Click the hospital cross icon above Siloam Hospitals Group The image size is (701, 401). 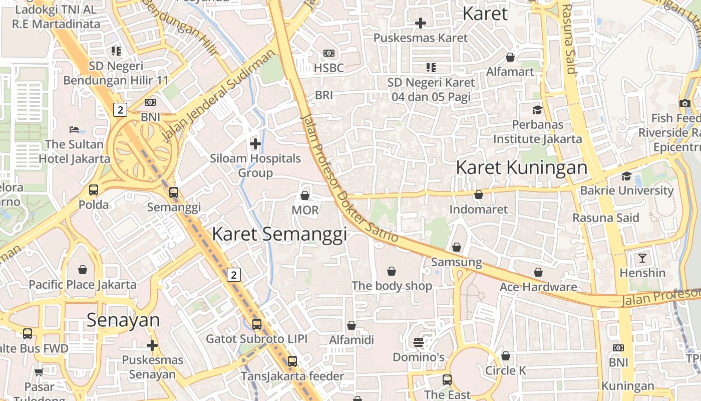pyautogui.click(x=255, y=144)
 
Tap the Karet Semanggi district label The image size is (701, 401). pyautogui.click(x=279, y=234)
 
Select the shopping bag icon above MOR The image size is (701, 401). pyautogui.click(x=305, y=195)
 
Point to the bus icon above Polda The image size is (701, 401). pyautogui.click(x=94, y=190)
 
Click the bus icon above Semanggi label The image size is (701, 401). pyautogui.click(x=174, y=192)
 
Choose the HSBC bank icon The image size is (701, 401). pyautogui.click(x=329, y=53)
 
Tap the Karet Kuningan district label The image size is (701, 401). pyautogui.click(x=521, y=168)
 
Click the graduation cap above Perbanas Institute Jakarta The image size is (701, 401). pyautogui.click(x=537, y=110)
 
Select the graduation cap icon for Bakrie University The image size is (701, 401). pyautogui.click(x=626, y=176)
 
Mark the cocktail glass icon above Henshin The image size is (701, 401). pyautogui.click(x=642, y=258)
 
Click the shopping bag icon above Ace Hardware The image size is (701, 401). pyautogui.click(x=538, y=272)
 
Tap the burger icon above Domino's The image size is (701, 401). pyautogui.click(x=419, y=342)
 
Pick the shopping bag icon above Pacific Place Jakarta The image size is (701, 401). pyautogui.click(x=83, y=270)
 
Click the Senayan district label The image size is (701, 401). pyautogui.click(x=123, y=320)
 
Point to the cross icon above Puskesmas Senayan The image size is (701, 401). pyautogui.click(x=152, y=345)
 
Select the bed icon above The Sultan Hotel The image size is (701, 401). pyautogui.click(x=74, y=130)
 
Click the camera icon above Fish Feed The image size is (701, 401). pyautogui.click(x=685, y=103)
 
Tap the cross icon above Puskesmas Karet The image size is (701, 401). pyautogui.click(x=421, y=23)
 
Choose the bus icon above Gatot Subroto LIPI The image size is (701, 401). pyautogui.click(x=257, y=324)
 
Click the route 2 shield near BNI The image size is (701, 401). pyautogui.click(x=120, y=110)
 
